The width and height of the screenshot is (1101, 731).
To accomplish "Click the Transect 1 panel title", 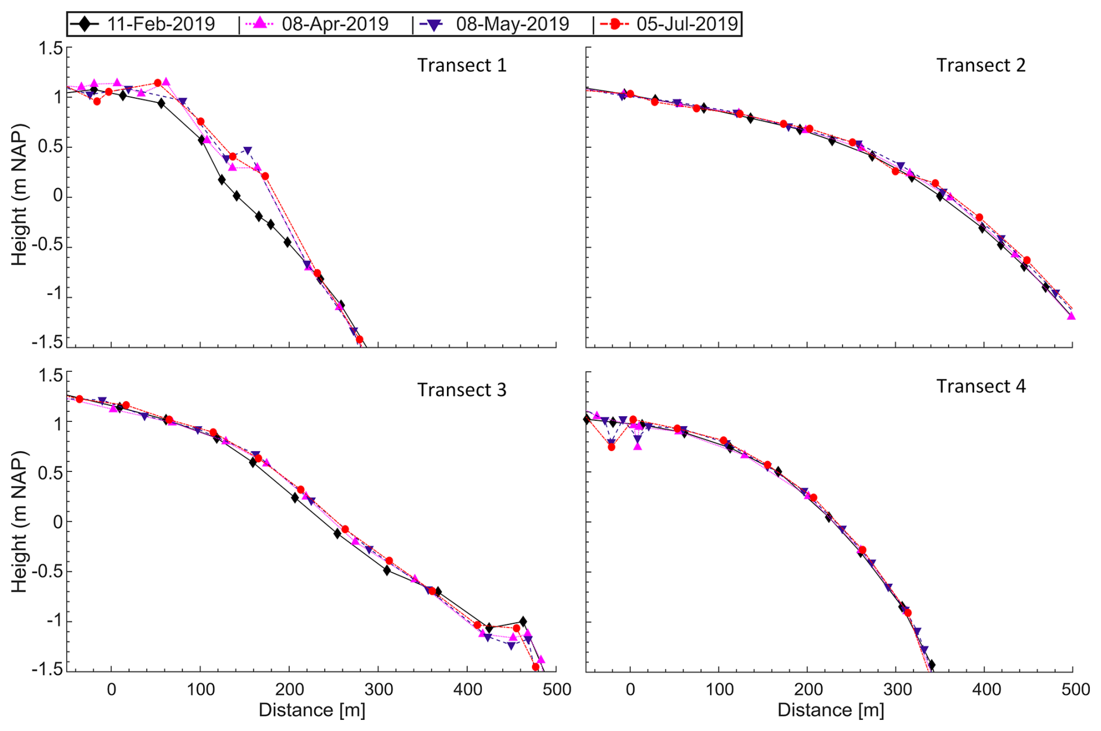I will click(x=461, y=65).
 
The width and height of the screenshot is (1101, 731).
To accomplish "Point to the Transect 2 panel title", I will click(x=981, y=65).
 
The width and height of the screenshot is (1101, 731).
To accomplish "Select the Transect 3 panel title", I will click(x=461, y=390).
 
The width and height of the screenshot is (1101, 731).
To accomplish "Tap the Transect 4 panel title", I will click(x=981, y=386).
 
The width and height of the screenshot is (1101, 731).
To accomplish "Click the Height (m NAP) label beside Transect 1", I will click(x=20, y=195).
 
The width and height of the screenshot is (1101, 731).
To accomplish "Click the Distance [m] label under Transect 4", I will click(x=830, y=711).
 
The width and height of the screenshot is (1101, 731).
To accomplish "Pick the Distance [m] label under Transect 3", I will click(x=312, y=711).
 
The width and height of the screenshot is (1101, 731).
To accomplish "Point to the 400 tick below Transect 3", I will click(x=467, y=690).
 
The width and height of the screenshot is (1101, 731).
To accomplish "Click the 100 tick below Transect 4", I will click(x=719, y=690).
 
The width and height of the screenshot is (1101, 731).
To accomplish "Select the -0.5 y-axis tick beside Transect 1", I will click(x=49, y=247).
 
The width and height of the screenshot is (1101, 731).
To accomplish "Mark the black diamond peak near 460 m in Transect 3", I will click(x=523, y=622).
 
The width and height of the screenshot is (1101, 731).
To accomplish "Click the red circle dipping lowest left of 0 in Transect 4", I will click(x=611, y=447).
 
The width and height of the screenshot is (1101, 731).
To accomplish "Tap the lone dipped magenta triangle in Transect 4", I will click(x=638, y=446).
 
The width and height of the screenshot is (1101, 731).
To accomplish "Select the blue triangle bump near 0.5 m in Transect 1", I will click(x=248, y=151).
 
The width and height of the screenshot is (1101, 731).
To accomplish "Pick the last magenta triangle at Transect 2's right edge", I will click(x=1071, y=316).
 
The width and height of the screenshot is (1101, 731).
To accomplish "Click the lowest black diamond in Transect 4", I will click(x=931, y=665).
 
